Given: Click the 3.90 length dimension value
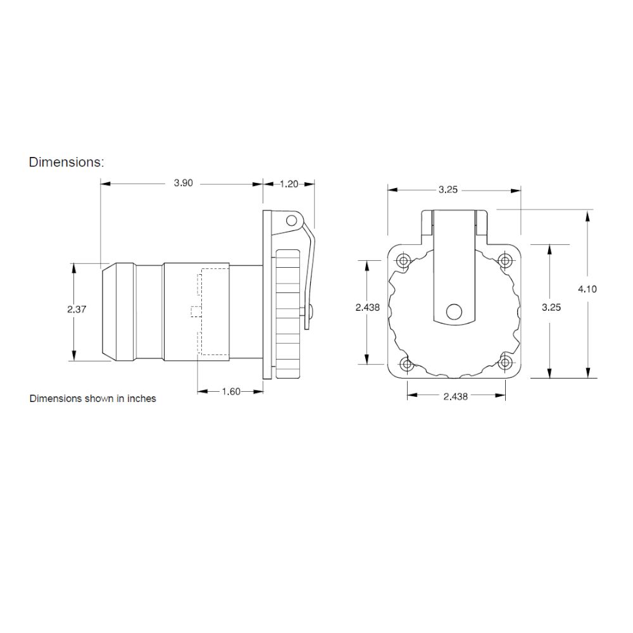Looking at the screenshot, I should [183, 184].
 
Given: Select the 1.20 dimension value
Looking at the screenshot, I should [289, 184].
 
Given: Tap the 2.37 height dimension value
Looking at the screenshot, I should [76, 310].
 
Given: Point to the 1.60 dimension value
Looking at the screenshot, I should [230, 392].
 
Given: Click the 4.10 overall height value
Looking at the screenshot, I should [588, 289].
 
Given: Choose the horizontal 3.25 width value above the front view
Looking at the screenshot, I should [448, 189].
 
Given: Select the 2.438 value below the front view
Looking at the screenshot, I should [456, 396].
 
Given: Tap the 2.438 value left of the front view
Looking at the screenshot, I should [368, 307].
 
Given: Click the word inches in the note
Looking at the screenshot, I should [142, 399].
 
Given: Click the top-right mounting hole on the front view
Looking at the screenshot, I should [505, 260].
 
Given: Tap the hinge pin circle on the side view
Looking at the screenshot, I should [291, 220].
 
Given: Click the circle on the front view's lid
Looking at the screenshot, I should [454, 311].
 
